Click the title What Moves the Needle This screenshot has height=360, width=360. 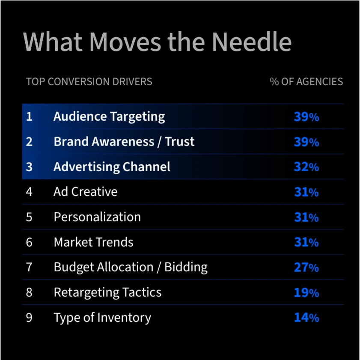coord(157,42)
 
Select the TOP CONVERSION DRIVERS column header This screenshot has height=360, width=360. coord(89,81)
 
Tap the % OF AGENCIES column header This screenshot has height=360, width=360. coord(306,81)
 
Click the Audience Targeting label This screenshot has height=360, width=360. coord(109,116)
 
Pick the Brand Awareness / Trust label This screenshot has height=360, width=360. coord(124,142)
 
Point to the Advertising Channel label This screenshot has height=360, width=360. coord(112,167)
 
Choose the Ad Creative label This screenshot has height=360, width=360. coord(86,192)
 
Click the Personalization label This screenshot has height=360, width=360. coord(97,217)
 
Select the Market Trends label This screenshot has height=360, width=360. coord(93,242)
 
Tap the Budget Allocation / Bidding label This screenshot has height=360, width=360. coord(131,267)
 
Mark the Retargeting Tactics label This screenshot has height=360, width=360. coord(107,292)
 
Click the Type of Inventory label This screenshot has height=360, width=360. coord(102,318)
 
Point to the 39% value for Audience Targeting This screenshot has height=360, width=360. coord(306,117)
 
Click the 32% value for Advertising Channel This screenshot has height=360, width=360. coord(306,167)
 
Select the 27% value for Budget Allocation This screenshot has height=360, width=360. coord(306,268)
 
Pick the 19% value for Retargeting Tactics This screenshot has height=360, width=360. coord(306,293)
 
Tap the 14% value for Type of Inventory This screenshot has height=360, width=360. coord(306,318)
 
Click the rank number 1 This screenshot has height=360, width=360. coord(29,116)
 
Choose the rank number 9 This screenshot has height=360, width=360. coord(29,318)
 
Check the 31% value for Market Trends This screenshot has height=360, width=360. coord(306,242)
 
